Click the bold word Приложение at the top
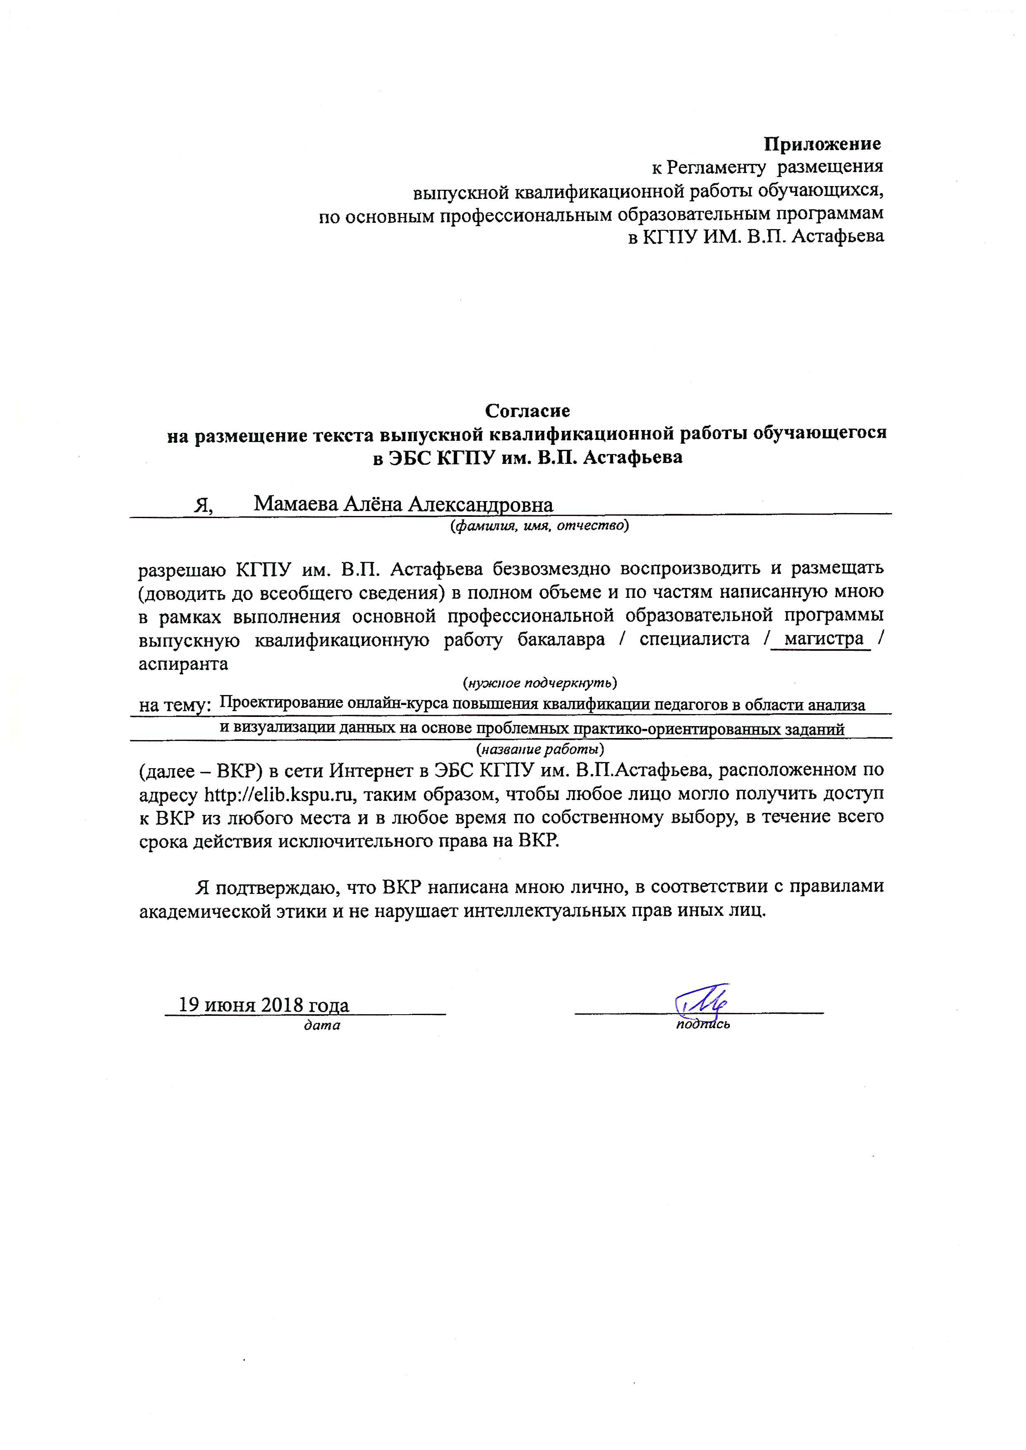[822, 144]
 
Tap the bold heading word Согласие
[527, 411]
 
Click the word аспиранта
[183, 663]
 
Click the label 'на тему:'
[174, 705]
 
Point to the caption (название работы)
[539, 750]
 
